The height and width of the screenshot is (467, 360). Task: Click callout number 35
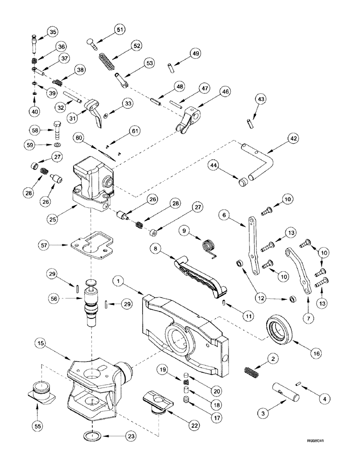pos(52,32)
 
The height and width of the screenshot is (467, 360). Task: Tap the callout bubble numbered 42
pos(293,139)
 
